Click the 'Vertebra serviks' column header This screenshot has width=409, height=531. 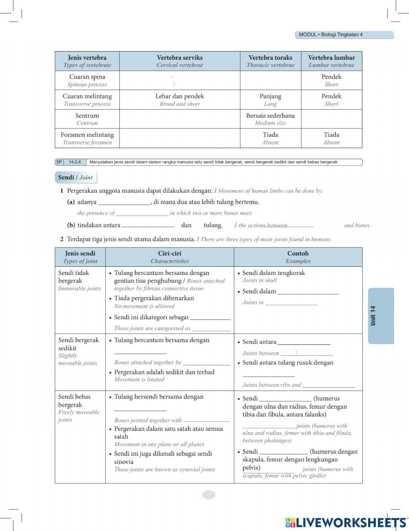click(180, 61)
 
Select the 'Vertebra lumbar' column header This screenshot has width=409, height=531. click(331, 61)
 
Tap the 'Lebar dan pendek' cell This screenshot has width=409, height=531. click(180, 99)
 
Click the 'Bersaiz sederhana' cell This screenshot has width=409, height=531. click(270, 119)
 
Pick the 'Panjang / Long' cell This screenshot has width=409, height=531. click(270, 99)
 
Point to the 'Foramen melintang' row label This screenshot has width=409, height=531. click(87, 138)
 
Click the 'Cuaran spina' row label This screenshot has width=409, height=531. click(87, 80)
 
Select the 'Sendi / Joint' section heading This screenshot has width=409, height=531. click(75, 178)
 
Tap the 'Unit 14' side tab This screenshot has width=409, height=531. click(381, 316)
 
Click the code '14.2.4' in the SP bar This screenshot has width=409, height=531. click(75, 162)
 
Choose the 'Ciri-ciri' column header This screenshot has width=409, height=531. click(169, 257)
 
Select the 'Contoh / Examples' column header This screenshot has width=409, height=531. click(298, 257)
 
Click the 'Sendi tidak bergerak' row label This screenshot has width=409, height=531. click(79, 280)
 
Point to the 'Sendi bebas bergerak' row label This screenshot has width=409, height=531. click(79, 407)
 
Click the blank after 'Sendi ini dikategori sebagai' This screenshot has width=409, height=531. click(210, 317)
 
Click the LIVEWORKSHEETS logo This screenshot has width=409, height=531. click(346, 522)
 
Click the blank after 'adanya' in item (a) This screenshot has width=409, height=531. click(125, 202)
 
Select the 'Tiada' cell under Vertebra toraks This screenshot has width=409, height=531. click(270, 138)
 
